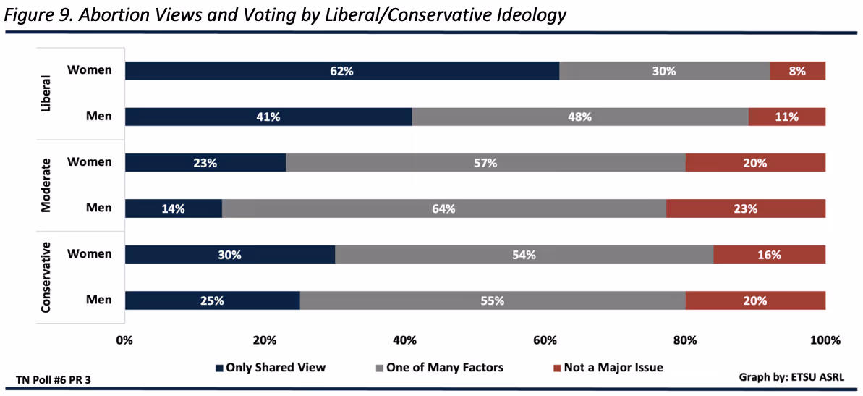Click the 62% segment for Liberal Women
(x=341, y=71)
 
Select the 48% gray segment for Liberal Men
(x=579, y=117)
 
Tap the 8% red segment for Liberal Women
(x=797, y=71)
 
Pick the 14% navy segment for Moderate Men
(x=174, y=208)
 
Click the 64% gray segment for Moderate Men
(x=443, y=208)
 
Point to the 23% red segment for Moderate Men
(x=745, y=208)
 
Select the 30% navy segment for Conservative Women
(x=229, y=255)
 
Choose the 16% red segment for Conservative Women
(x=769, y=255)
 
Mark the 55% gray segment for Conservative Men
(x=492, y=300)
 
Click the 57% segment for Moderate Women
(x=485, y=163)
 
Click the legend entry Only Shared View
(x=270, y=368)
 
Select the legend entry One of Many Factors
(x=438, y=368)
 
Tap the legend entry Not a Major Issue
(x=607, y=368)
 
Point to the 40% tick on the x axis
(x=405, y=340)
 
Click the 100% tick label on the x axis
(x=825, y=340)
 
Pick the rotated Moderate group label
(x=46, y=185)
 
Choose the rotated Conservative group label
(x=46, y=277)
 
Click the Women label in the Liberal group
(x=90, y=70)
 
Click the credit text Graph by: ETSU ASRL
(x=791, y=377)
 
